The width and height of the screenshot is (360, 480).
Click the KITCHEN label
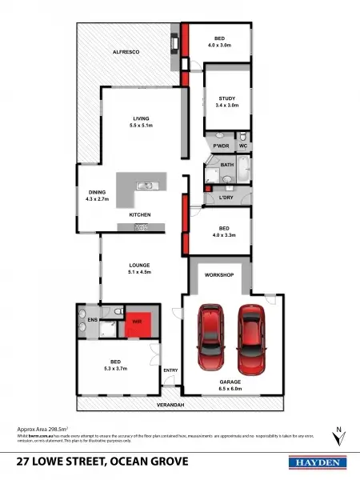click(x=140, y=215)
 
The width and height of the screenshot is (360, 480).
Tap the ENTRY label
click(x=170, y=370)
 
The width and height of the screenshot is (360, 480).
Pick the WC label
click(x=243, y=146)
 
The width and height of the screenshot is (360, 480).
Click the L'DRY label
click(x=215, y=197)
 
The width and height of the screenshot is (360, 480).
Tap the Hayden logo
click(x=316, y=462)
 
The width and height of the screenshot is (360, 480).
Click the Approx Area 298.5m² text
click(x=47, y=430)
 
